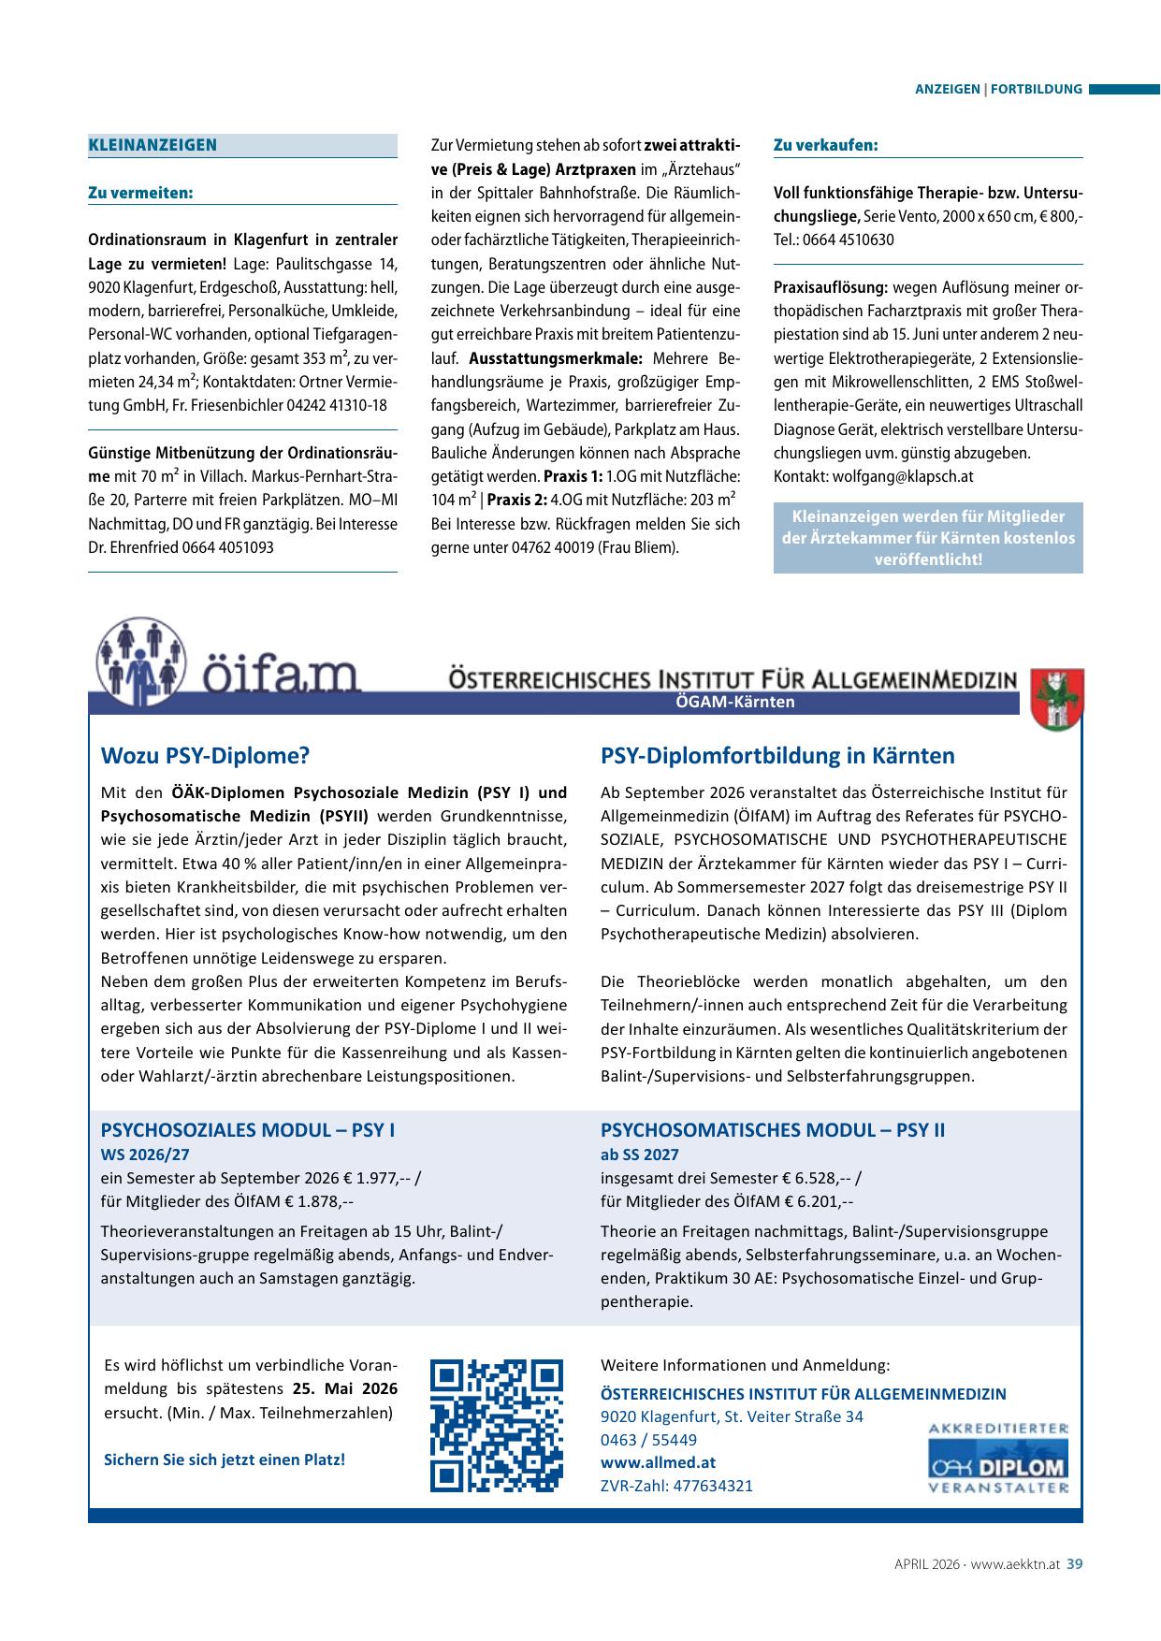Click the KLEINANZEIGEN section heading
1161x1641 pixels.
[x=152, y=145]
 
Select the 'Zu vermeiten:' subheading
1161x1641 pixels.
[x=140, y=193]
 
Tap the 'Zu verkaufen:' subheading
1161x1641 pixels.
[x=826, y=145]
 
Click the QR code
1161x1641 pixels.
[x=497, y=1425]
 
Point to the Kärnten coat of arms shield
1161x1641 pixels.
[x=1056, y=699]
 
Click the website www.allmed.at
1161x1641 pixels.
[x=645, y=1462]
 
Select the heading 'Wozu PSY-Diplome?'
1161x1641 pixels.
[x=204, y=756]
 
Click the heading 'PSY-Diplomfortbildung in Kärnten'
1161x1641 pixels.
[x=777, y=756]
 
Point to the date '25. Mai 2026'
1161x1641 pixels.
[x=344, y=1388]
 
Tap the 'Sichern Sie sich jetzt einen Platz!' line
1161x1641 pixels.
[x=225, y=1459]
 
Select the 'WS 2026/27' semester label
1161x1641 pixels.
[x=145, y=1155]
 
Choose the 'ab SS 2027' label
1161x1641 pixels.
[x=640, y=1155]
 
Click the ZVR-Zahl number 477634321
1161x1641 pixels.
[x=712, y=1486]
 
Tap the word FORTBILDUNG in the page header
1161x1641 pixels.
[x=1037, y=90]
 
